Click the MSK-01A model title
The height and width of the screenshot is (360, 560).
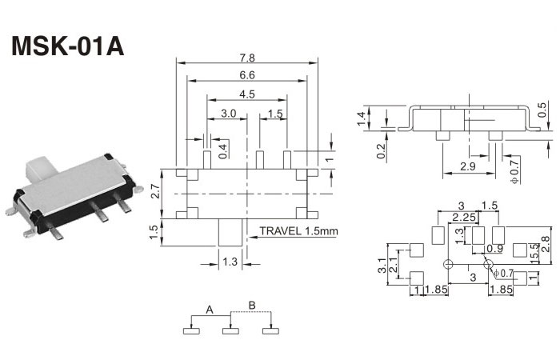67,46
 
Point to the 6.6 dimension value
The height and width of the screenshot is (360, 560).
246,76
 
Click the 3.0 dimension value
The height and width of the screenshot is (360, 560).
228,114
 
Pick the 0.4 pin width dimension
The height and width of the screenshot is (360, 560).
223,148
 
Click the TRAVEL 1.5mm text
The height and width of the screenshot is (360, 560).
299,232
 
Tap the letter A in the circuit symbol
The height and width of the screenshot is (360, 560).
209,309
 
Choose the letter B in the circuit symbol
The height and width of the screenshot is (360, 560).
251,305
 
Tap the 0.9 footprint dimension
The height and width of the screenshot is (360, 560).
495,249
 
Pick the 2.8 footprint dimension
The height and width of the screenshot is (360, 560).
546,243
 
